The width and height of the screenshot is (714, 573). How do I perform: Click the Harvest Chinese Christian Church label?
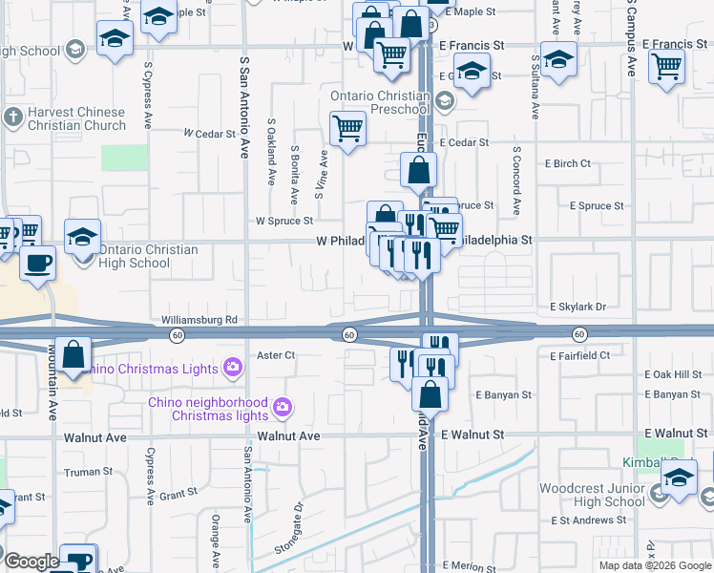click(x=76, y=118)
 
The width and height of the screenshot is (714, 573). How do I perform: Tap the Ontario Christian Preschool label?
click(x=380, y=102)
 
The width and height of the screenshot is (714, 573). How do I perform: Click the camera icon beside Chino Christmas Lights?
click(x=231, y=367)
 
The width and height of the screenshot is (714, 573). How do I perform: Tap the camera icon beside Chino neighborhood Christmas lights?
click(x=282, y=409)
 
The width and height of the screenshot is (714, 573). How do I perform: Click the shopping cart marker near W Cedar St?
click(x=347, y=127)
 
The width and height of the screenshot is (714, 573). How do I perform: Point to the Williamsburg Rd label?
click(x=199, y=320)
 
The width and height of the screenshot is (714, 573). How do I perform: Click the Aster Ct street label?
click(x=277, y=355)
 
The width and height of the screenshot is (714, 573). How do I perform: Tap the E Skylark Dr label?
click(x=577, y=307)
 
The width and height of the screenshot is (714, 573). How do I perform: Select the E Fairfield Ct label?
click(x=579, y=355)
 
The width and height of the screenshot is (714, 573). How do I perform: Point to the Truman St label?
click(x=89, y=472)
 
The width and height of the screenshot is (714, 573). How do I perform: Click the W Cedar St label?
click(x=209, y=134)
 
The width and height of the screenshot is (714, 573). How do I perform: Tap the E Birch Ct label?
click(x=565, y=163)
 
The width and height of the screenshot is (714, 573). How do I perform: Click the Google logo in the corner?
click(x=31, y=562)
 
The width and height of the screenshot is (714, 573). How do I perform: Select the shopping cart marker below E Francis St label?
click(x=666, y=66)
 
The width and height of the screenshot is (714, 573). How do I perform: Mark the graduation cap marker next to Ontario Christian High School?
click(x=83, y=235)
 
